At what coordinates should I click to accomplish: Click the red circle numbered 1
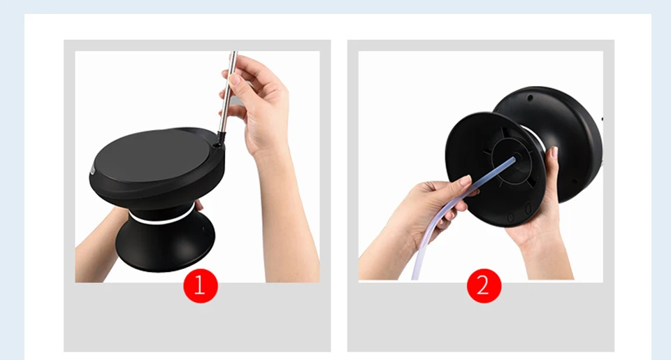click(201, 285)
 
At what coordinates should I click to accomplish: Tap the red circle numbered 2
click(484, 285)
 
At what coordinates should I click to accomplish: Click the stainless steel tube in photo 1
click(227, 92)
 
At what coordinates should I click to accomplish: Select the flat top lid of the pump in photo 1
click(153, 154)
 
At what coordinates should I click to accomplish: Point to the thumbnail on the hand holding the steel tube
click(235, 79)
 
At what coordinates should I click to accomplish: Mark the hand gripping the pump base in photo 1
click(103, 240)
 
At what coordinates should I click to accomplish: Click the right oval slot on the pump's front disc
click(528, 209)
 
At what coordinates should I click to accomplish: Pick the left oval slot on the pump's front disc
click(510, 217)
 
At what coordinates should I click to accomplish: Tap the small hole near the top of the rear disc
click(531, 98)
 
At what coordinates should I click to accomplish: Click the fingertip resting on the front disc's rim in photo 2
click(554, 152)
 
